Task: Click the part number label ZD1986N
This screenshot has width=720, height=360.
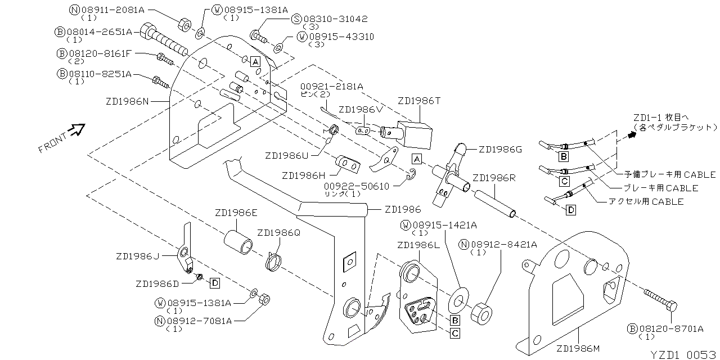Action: pos(127,102)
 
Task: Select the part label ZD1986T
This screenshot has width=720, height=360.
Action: pos(419,101)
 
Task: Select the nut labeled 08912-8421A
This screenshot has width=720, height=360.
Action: pos(481,311)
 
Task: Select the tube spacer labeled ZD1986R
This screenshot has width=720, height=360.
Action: pos(495,204)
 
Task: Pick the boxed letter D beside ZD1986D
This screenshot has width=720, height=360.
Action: pos(215,282)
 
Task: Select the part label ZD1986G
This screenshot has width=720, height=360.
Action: pos(500,150)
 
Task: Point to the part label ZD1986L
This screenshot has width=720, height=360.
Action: pos(418,245)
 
